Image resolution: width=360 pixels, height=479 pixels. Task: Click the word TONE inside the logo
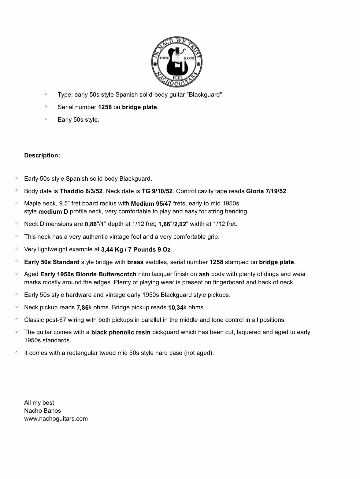click(164, 58)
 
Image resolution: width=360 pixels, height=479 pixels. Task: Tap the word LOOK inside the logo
click(190, 58)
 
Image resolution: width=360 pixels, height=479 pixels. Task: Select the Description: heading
click(42, 155)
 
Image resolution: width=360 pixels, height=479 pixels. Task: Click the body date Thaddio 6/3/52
click(81, 191)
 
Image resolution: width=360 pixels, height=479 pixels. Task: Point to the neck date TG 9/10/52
click(157, 191)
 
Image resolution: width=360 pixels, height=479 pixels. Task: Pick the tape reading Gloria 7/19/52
click(266, 191)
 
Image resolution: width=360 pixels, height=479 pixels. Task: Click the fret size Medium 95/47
click(151, 204)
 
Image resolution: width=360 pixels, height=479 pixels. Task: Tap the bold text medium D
click(53, 212)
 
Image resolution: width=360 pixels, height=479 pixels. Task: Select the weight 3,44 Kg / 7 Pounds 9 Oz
click(136, 249)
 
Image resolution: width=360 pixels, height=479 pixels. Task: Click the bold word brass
click(135, 262)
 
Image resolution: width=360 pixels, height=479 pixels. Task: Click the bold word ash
click(204, 275)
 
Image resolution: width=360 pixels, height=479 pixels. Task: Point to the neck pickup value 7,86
click(82, 308)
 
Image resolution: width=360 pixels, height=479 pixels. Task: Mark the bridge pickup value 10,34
click(176, 308)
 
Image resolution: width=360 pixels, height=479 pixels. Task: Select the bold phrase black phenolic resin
click(121, 332)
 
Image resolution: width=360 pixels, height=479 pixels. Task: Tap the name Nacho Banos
click(43, 411)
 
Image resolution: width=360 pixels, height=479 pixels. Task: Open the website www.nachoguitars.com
click(56, 418)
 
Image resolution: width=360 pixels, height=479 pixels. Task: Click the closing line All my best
click(39, 403)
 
